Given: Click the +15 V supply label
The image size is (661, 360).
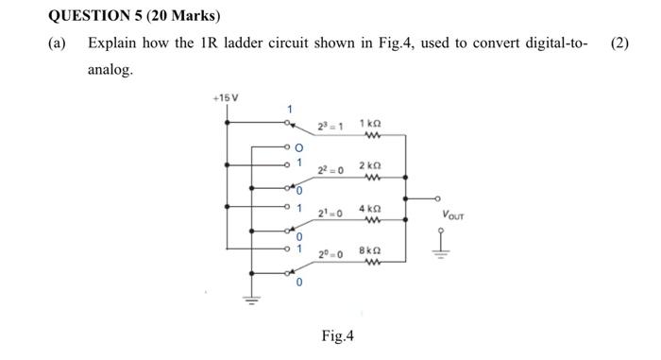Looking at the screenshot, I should coord(227,98).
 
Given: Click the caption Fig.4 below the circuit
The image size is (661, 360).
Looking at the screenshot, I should coord(337,334).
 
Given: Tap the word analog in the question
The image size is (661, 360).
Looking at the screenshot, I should coord(110,70).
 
